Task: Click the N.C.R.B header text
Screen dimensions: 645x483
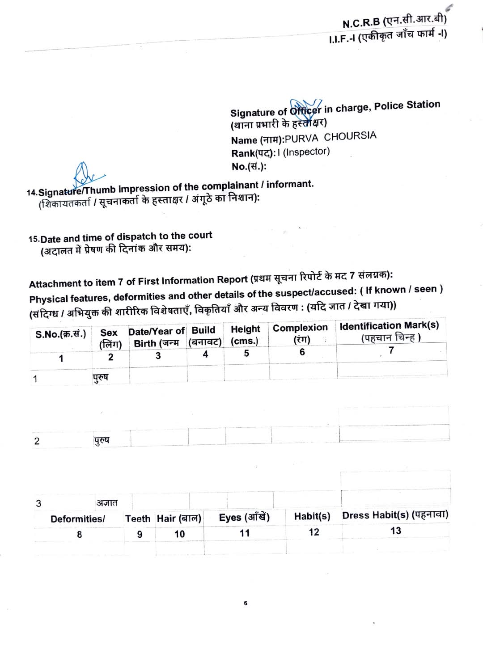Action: click(x=361, y=23)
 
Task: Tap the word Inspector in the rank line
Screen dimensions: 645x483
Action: click(x=306, y=152)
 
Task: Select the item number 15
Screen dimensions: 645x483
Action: click(x=34, y=239)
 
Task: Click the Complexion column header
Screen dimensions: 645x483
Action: click(x=300, y=328)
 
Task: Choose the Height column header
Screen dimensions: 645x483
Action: click(x=245, y=329)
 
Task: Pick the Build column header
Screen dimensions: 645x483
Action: click(x=203, y=330)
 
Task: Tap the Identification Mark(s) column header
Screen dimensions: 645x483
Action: click(x=389, y=326)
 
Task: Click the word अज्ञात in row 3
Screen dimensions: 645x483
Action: click(x=107, y=503)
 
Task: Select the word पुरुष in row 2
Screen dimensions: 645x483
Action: click(x=102, y=440)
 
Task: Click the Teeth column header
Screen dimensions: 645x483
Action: click(x=138, y=519)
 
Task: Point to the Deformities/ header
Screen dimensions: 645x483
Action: click(x=78, y=519)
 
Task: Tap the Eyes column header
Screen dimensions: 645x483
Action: click(x=244, y=518)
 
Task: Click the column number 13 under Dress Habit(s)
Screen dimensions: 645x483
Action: click(x=396, y=531)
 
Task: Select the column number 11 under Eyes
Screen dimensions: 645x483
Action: click(x=245, y=533)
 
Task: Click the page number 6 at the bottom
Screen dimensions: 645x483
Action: click(x=246, y=603)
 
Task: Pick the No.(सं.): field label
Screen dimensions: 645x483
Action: click(x=249, y=167)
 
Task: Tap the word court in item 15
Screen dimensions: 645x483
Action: click(x=200, y=235)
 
